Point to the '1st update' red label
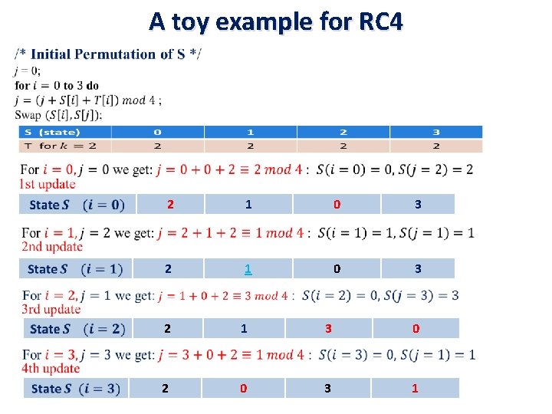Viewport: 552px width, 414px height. pyautogui.click(x=48, y=183)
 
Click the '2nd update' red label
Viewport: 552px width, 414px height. pyautogui.click(x=51, y=246)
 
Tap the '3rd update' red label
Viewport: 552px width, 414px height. pyautogui.click(x=51, y=309)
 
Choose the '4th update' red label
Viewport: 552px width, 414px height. pyautogui.click(x=51, y=369)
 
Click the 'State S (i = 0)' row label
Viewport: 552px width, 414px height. pyautogui.click(x=77, y=204)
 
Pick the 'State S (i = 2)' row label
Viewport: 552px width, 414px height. pyautogui.click(x=77, y=329)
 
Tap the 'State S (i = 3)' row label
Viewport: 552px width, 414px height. pyautogui.click(x=76, y=389)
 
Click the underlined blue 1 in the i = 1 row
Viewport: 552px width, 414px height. pyautogui.click(x=248, y=269)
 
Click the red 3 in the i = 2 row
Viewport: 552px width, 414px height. pyautogui.click(x=328, y=329)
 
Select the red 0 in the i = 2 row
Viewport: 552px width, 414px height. pyautogui.click(x=416, y=329)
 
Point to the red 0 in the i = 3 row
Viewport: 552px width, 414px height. pyautogui.click(x=243, y=389)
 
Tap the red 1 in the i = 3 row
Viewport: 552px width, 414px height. pyautogui.click(x=415, y=389)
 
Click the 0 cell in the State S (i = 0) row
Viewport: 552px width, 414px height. pyautogui.click(x=336, y=204)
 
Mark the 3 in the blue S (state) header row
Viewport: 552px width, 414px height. pyautogui.click(x=436, y=132)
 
